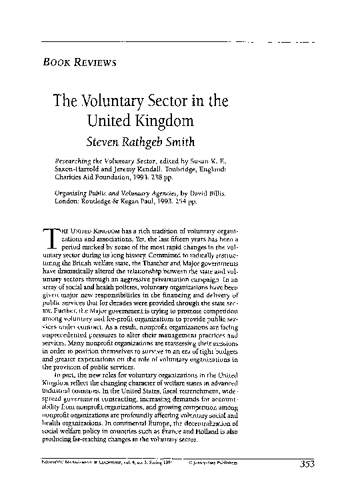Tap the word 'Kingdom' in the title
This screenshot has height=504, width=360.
[165, 123]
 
